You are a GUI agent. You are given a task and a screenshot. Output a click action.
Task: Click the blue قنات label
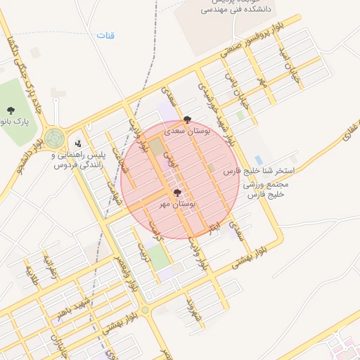(105, 35)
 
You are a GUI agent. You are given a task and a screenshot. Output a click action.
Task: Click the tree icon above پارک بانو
(11, 110)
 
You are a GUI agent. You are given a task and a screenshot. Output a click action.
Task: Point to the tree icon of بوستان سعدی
(186, 120)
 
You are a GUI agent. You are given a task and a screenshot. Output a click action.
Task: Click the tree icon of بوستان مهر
(176, 192)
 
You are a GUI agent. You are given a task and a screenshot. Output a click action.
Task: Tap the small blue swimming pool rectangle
(259, 160)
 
